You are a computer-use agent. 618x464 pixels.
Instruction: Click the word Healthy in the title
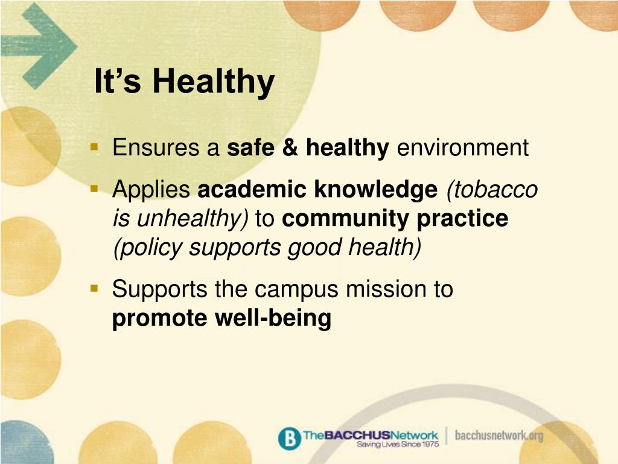point(214,82)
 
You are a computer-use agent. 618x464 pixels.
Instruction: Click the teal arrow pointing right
point(39,46)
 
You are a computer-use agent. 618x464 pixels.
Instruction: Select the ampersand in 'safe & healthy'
point(290,147)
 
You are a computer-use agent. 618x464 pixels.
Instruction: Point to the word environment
point(463,147)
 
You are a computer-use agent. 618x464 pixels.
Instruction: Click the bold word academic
point(252,189)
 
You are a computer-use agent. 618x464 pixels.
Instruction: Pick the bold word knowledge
point(375,190)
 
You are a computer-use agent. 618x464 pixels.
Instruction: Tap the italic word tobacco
point(492,189)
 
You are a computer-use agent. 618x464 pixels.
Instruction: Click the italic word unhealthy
point(190,219)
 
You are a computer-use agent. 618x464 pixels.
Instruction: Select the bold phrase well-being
point(273,318)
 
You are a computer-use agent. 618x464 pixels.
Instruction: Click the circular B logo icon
point(289,438)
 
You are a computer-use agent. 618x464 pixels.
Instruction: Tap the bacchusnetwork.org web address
point(499,436)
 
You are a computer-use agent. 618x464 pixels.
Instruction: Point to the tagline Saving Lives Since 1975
point(397,444)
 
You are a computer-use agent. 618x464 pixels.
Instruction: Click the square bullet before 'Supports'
point(94,289)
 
